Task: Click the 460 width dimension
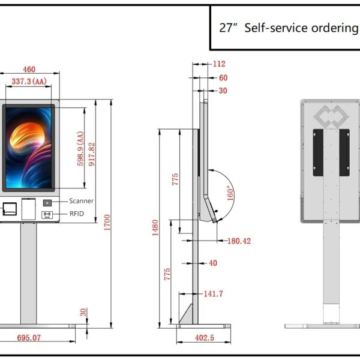(x=29, y=69)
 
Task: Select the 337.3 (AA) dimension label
(x=30, y=81)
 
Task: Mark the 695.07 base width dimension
(x=29, y=338)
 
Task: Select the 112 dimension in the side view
(x=218, y=64)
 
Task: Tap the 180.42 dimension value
(x=239, y=241)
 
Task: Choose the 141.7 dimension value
(x=213, y=293)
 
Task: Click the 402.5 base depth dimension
(x=205, y=338)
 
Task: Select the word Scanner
(x=81, y=201)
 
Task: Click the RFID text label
(x=76, y=212)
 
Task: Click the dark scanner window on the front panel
(x=47, y=202)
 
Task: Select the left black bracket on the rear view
(x=317, y=152)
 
